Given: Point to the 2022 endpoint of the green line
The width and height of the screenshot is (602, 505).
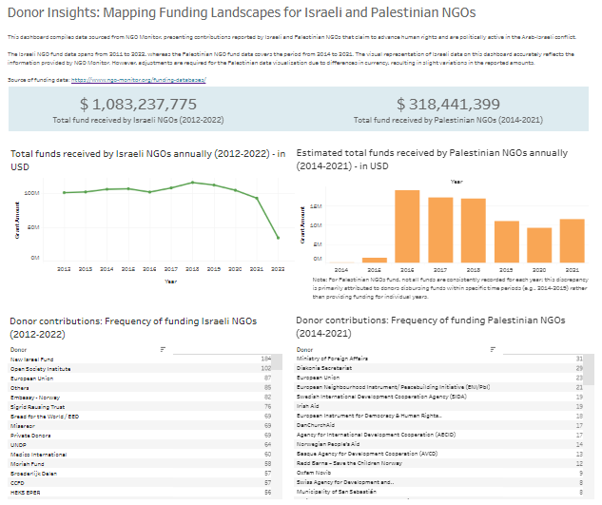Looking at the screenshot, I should [x=277, y=238].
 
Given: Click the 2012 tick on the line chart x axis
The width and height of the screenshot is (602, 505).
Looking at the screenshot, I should [x=65, y=270].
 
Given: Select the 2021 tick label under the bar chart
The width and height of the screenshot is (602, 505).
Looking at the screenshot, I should [x=572, y=270].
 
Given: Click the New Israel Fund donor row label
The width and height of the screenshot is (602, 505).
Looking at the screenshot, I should [x=31, y=359].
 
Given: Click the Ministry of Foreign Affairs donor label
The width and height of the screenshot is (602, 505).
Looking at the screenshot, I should [x=332, y=359].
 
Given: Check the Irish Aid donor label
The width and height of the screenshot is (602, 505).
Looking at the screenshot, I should [x=311, y=406].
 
